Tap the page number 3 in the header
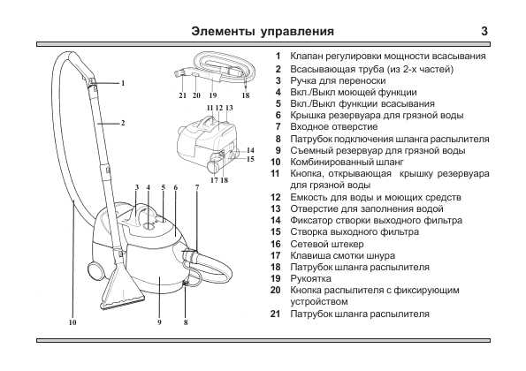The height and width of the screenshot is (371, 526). [484, 31]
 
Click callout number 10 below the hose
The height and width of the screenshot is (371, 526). [72, 322]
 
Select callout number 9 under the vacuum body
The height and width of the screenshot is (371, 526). [159, 322]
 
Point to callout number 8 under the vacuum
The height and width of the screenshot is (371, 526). [186, 322]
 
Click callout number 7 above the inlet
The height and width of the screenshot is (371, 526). [197, 187]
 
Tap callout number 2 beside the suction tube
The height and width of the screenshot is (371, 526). [123, 123]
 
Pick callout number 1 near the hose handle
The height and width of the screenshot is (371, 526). [123, 83]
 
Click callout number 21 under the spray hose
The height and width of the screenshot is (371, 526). [182, 95]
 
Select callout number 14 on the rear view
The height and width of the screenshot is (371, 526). [250, 150]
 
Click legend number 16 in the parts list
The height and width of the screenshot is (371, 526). [276, 244]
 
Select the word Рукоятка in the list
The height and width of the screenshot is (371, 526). [310, 279]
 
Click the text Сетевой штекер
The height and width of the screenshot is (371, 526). [327, 244]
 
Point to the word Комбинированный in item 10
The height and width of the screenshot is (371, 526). [328, 163]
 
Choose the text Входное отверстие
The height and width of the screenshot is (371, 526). [334, 127]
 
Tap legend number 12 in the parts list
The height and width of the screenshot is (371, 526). [276, 197]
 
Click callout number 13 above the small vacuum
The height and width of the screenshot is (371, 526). [229, 108]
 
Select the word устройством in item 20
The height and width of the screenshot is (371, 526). [318, 302]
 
